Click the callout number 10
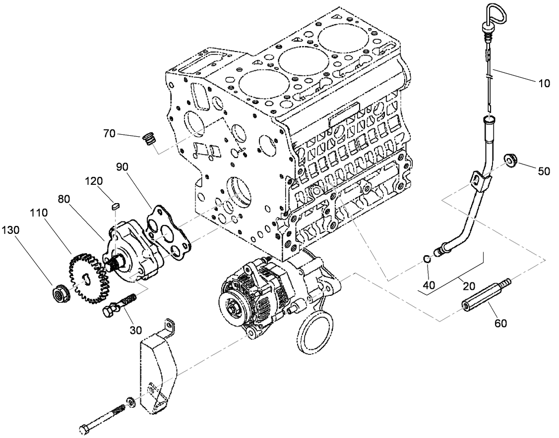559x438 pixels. click(544, 84)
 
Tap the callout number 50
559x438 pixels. click(544, 171)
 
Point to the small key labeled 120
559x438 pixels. click(116, 205)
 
